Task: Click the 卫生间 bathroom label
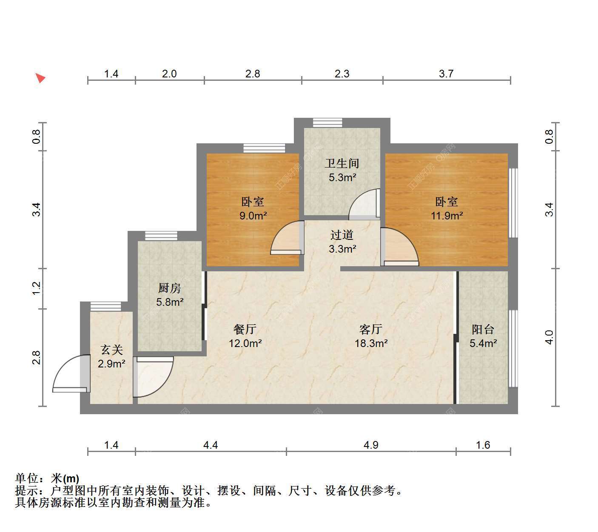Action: (x=342, y=163)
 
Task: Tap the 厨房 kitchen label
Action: (x=169, y=288)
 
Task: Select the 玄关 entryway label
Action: (x=111, y=350)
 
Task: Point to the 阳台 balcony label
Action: (x=483, y=329)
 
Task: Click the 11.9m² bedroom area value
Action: (x=447, y=216)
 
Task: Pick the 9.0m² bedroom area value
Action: (x=253, y=216)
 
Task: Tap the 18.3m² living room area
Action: (x=371, y=343)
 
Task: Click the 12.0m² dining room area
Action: (x=245, y=343)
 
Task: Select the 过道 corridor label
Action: (x=342, y=235)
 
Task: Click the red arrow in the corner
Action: (x=40, y=78)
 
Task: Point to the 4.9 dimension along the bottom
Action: (x=371, y=445)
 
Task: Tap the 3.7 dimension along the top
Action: (x=446, y=74)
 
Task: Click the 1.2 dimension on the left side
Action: (x=36, y=288)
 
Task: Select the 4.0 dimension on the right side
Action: (x=549, y=337)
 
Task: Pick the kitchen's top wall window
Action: (x=161, y=236)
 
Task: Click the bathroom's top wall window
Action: (x=327, y=122)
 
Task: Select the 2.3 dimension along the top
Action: (x=342, y=74)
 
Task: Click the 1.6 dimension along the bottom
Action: (x=483, y=445)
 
